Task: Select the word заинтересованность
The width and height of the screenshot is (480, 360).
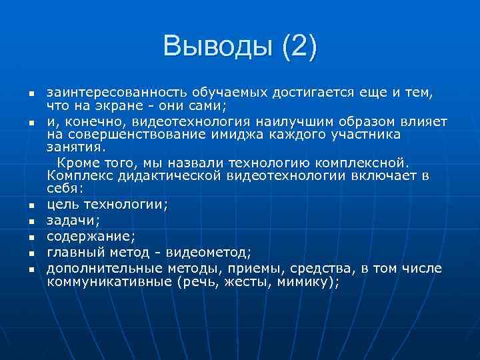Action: (x=117, y=92)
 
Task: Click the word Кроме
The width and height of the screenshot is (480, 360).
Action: (x=77, y=162)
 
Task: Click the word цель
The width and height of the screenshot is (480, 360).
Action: (x=61, y=204)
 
